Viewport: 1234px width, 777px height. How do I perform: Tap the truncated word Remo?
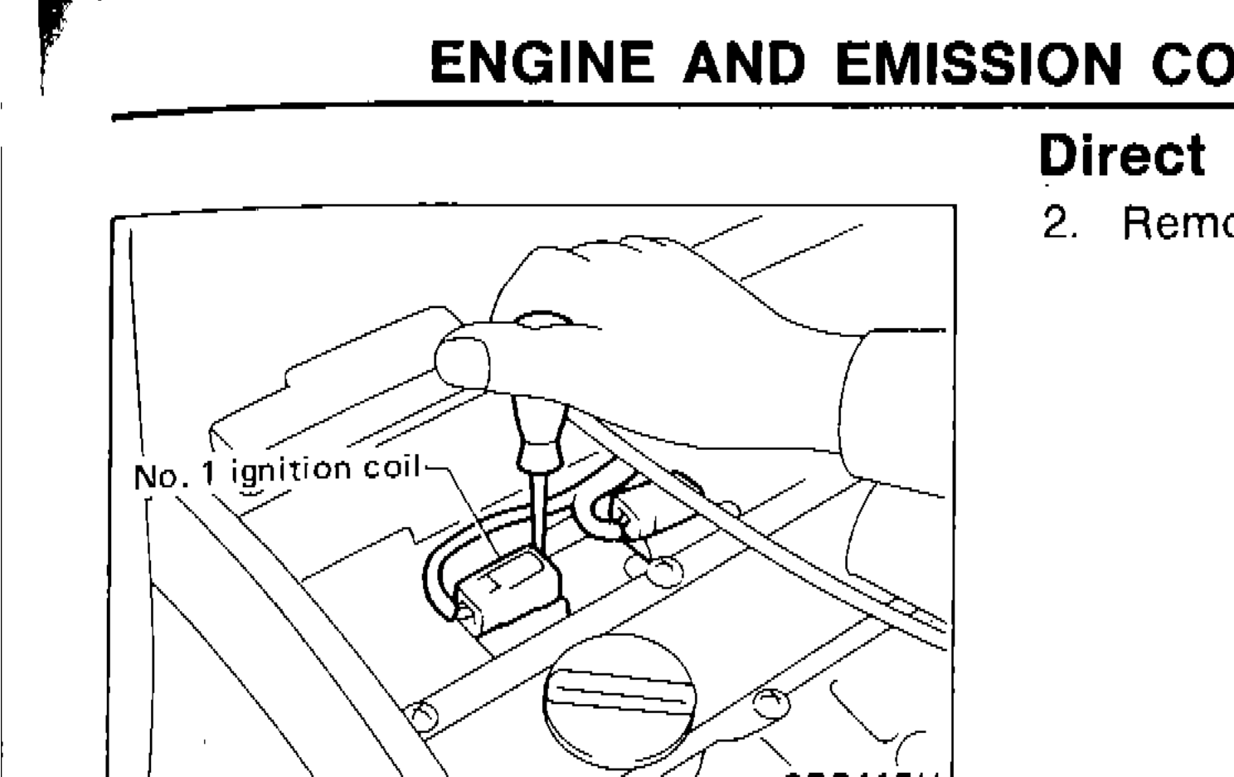1178,223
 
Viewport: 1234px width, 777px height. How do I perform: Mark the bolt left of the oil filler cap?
422,715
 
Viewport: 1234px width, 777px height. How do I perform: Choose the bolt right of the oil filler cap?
768,701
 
